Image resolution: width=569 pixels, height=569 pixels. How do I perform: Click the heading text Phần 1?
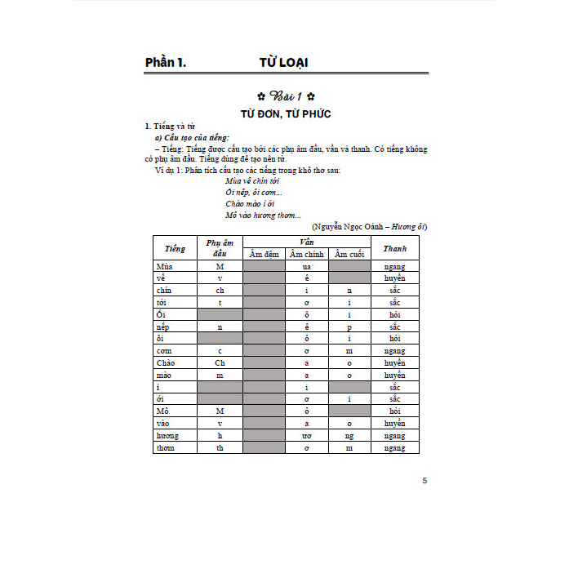tap(166, 62)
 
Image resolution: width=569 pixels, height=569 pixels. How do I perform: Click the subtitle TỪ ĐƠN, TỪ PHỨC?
tap(285, 113)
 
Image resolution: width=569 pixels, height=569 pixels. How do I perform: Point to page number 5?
tap(425, 480)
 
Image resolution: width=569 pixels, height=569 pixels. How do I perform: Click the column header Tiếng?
tap(175, 248)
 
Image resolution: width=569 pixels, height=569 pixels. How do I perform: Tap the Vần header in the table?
tap(307, 242)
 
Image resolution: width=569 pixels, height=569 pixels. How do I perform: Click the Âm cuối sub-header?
tap(349, 255)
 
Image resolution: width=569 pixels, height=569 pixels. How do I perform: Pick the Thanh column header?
tap(394, 248)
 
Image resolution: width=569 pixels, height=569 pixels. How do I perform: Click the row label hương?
tap(167, 436)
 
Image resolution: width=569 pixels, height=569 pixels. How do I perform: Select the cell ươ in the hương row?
tap(306, 436)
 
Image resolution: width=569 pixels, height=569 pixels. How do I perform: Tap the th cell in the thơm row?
tap(220, 447)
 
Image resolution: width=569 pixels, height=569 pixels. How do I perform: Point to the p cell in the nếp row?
tap(349, 326)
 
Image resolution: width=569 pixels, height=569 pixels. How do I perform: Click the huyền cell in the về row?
tap(394, 278)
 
